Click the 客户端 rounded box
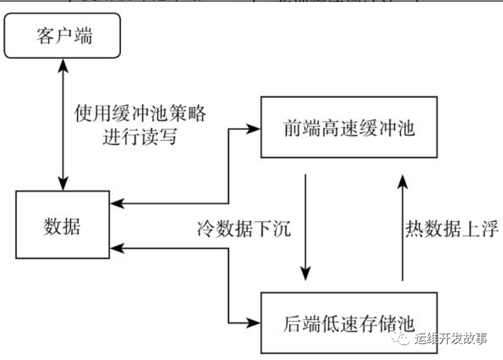click(64, 36)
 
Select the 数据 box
click(62, 225)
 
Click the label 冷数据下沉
click(240, 229)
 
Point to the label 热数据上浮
click(451, 229)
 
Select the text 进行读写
click(140, 137)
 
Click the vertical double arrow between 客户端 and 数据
click(64, 122)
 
